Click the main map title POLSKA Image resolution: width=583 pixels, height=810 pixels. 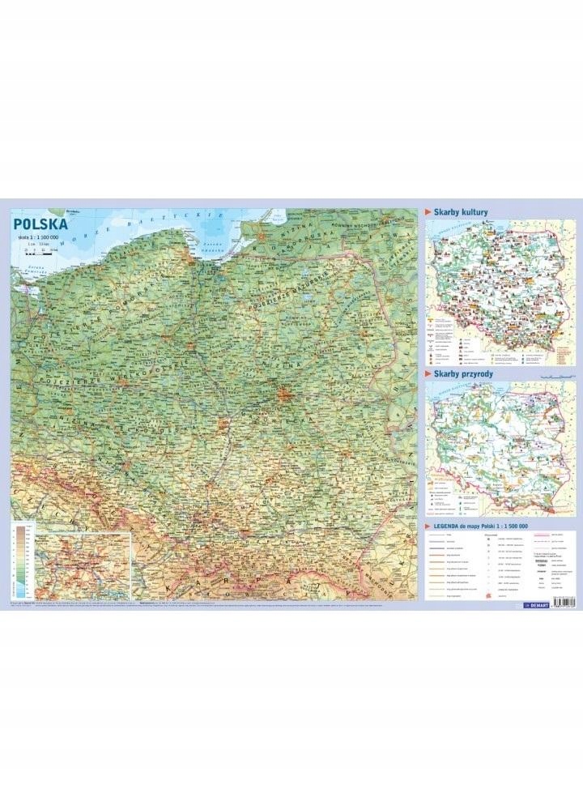pos(40,223)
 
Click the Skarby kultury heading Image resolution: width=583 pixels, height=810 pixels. pos(462,212)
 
